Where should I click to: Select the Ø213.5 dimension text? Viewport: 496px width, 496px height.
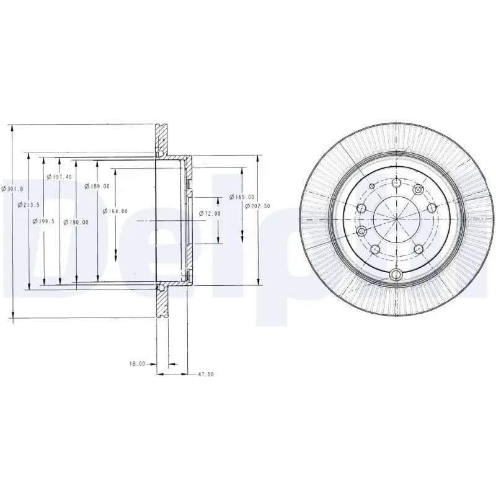click(30, 205)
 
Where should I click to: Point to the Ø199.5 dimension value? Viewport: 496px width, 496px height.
click(46, 221)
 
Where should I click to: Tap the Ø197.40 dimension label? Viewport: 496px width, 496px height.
click(60, 177)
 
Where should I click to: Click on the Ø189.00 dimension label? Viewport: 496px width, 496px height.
click(99, 186)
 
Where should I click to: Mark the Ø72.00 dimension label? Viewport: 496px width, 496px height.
click(210, 213)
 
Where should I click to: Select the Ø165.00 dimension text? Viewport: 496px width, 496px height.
click(242, 197)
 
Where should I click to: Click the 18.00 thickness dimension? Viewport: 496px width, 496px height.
click(137, 364)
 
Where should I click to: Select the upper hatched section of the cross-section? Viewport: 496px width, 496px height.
click(162, 139)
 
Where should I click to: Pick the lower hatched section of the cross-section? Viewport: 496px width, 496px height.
click(162, 304)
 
